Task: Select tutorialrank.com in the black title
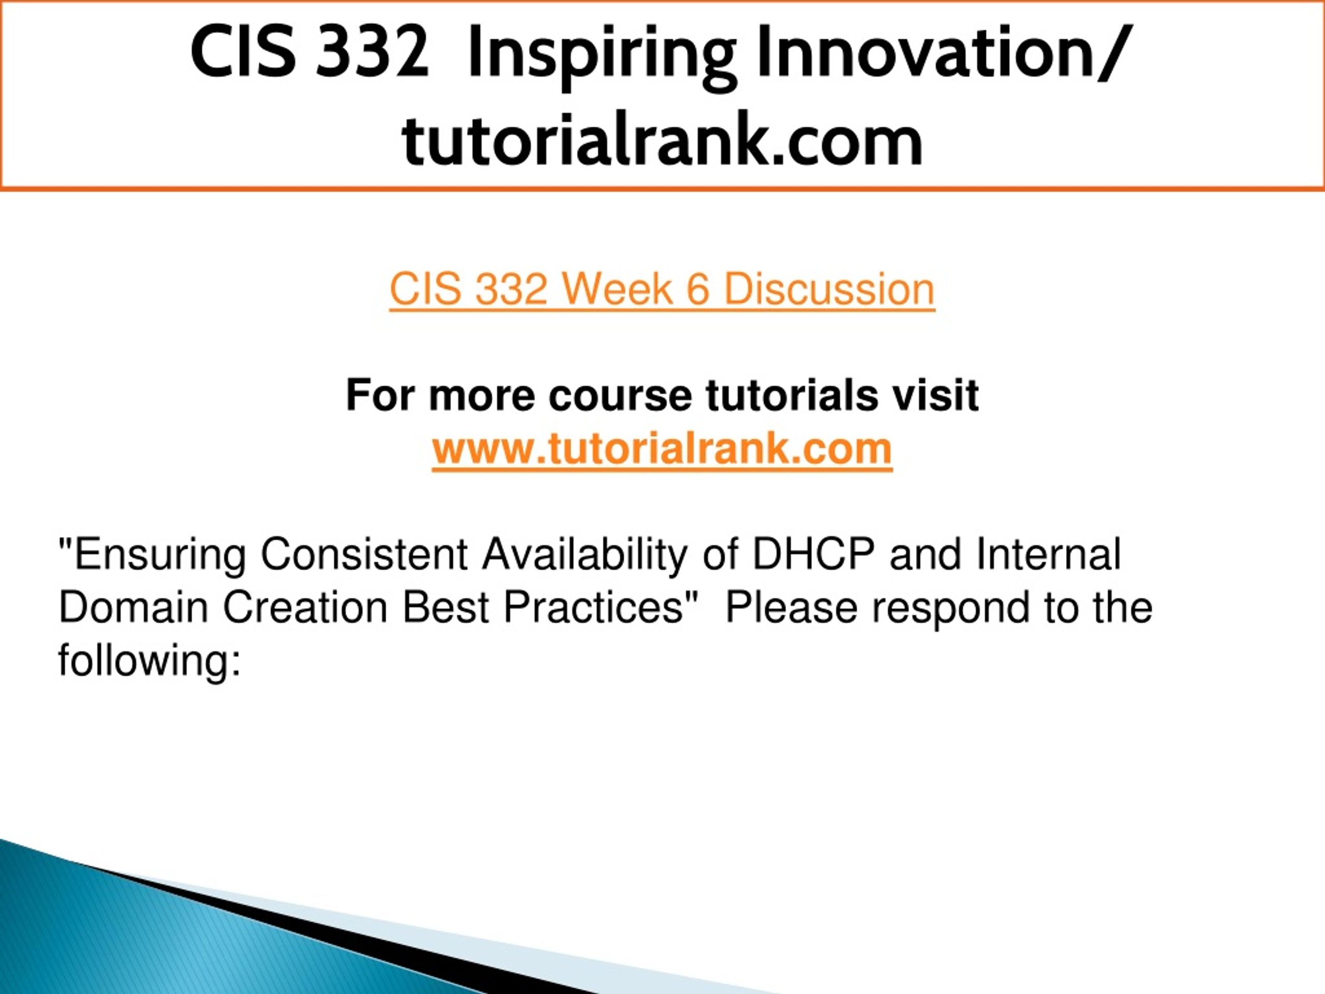(662, 141)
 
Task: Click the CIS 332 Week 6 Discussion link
(662, 289)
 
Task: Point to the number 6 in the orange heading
(698, 289)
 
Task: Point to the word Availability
(585, 556)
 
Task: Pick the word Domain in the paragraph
(133, 607)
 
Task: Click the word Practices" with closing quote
(601, 607)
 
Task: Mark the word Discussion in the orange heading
(830, 289)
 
